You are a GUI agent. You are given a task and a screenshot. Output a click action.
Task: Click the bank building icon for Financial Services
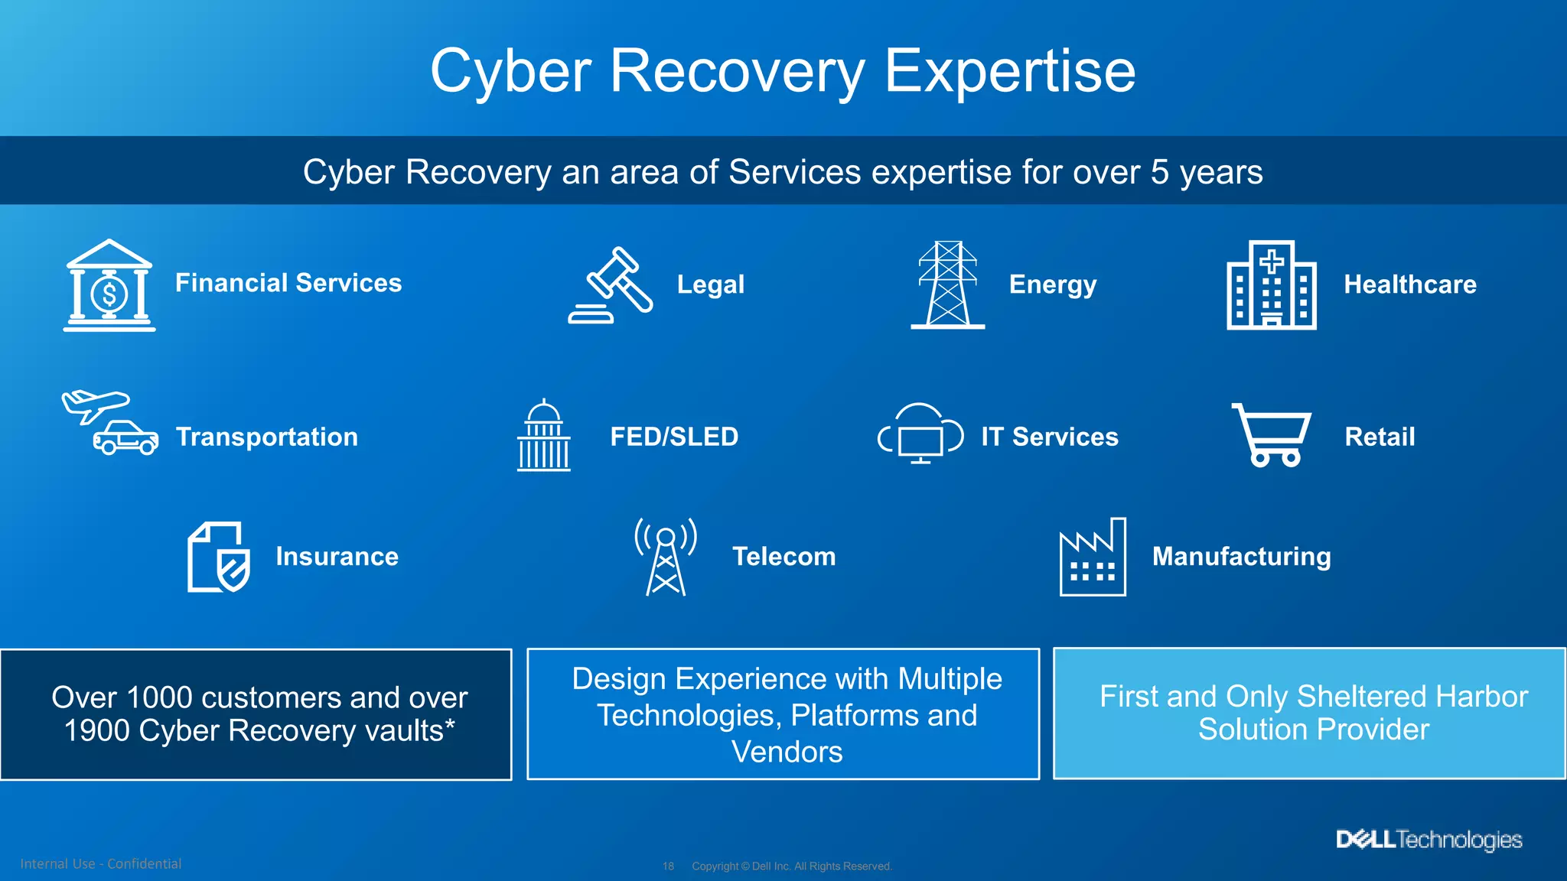point(109,285)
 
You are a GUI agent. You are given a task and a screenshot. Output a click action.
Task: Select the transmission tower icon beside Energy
point(947,285)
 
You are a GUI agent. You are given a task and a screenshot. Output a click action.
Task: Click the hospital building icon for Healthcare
point(1271,285)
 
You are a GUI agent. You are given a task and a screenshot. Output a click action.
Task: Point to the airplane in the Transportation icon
point(95,404)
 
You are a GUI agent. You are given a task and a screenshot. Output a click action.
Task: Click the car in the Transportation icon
point(126,439)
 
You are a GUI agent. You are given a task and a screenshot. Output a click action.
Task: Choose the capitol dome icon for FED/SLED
point(543,435)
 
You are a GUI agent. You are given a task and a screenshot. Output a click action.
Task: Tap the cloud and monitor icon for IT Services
point(920,434)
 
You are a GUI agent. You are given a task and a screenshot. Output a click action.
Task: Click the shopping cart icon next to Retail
point(1272,435)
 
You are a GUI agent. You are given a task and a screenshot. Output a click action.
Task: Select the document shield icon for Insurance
point(218,557)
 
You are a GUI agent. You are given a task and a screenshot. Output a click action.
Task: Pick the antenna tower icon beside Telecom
point(666,557)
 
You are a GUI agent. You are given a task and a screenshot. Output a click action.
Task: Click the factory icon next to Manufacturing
point(1092,557)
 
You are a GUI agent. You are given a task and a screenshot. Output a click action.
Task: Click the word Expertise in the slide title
point(1009,71)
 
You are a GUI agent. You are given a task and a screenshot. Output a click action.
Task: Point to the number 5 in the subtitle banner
point(1159,172)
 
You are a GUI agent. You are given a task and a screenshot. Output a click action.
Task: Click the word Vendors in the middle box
point(787,752)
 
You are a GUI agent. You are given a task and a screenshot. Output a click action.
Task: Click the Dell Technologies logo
point(1429,840)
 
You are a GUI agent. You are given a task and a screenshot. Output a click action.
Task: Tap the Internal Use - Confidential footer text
point(101,863)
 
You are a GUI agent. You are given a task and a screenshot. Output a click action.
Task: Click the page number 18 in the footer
point(668,866)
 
